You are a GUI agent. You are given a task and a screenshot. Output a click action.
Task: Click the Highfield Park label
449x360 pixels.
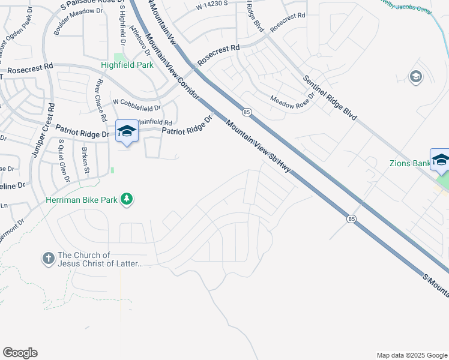pos(127,65)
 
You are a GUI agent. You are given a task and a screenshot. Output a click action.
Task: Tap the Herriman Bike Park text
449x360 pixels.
pos(82,199)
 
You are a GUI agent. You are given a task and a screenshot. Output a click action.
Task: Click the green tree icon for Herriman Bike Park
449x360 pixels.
pos(127,198)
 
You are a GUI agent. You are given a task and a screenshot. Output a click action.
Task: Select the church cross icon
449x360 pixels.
pos(48,259)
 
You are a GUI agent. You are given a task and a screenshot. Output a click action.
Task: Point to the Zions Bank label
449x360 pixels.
pos(409,163)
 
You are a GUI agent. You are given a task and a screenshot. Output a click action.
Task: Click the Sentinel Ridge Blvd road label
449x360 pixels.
pos(330,98)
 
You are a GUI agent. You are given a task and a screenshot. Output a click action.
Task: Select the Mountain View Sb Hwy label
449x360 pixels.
pos(258,146)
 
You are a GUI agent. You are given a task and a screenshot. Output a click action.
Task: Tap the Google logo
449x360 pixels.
pos(20,353)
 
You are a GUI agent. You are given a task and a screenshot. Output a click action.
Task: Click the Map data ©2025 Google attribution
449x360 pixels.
pos(411,355)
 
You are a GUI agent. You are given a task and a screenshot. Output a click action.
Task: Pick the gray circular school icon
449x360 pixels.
pos(415,76)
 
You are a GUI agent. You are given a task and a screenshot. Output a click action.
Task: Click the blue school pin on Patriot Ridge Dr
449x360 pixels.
pos(127,131)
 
